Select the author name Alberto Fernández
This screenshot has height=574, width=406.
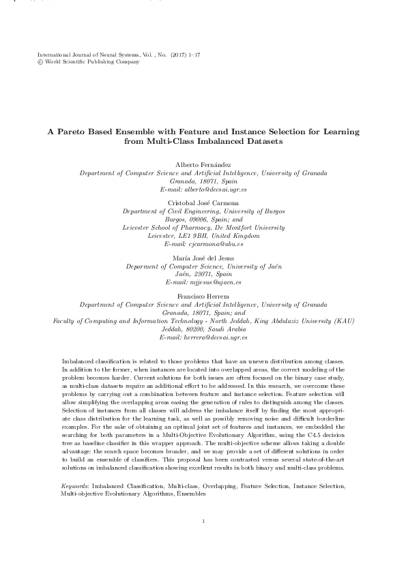203,166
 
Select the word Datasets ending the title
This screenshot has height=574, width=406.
260,141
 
